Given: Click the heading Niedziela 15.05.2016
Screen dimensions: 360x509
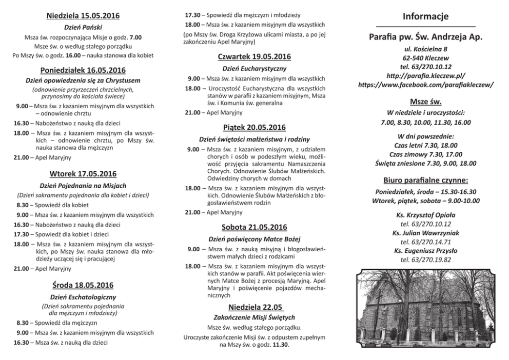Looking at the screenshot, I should point(83,15).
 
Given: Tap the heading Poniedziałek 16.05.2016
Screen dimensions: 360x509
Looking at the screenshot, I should point(83,70).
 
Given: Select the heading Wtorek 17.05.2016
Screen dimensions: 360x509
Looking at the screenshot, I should point(83,173).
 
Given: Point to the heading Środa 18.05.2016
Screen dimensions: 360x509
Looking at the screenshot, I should point(83,285).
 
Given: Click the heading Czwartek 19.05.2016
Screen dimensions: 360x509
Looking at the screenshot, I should point(254,56).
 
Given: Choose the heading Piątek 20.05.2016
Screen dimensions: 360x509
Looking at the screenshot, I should point(254,127).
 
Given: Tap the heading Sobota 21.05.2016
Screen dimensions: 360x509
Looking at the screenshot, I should point(254,227).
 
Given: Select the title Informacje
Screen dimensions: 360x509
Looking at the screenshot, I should point(425,16).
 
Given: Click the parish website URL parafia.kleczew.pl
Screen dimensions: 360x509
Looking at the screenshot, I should point(425,75).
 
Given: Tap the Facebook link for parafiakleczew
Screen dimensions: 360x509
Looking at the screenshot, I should point(425,84).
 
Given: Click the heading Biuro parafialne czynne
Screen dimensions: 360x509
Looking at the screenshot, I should point(425,181).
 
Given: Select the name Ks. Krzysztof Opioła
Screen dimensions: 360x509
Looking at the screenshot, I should point(425,215).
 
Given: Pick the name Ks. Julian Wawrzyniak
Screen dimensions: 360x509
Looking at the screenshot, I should point(425,233).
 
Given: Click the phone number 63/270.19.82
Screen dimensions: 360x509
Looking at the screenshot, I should point(425,259).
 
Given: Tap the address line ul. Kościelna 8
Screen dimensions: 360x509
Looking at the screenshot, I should point(425,49).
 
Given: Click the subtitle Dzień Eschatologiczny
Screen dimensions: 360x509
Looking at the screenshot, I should point(83,297).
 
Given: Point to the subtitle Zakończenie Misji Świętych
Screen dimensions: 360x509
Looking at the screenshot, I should point(254,317).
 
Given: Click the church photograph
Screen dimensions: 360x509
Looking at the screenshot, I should point(425,308).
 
